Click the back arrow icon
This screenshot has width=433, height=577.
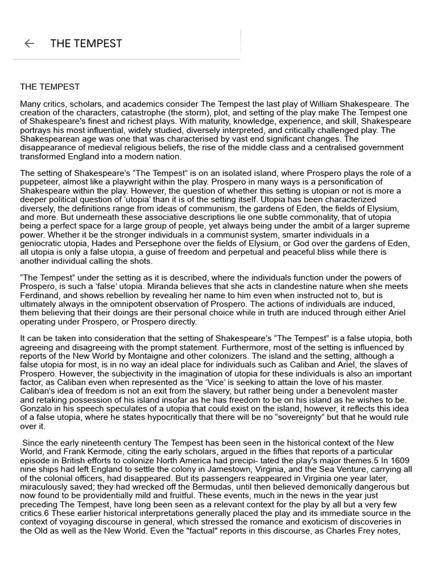(x=29, y=43)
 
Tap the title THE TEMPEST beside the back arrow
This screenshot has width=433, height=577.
(x=86, y=43)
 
